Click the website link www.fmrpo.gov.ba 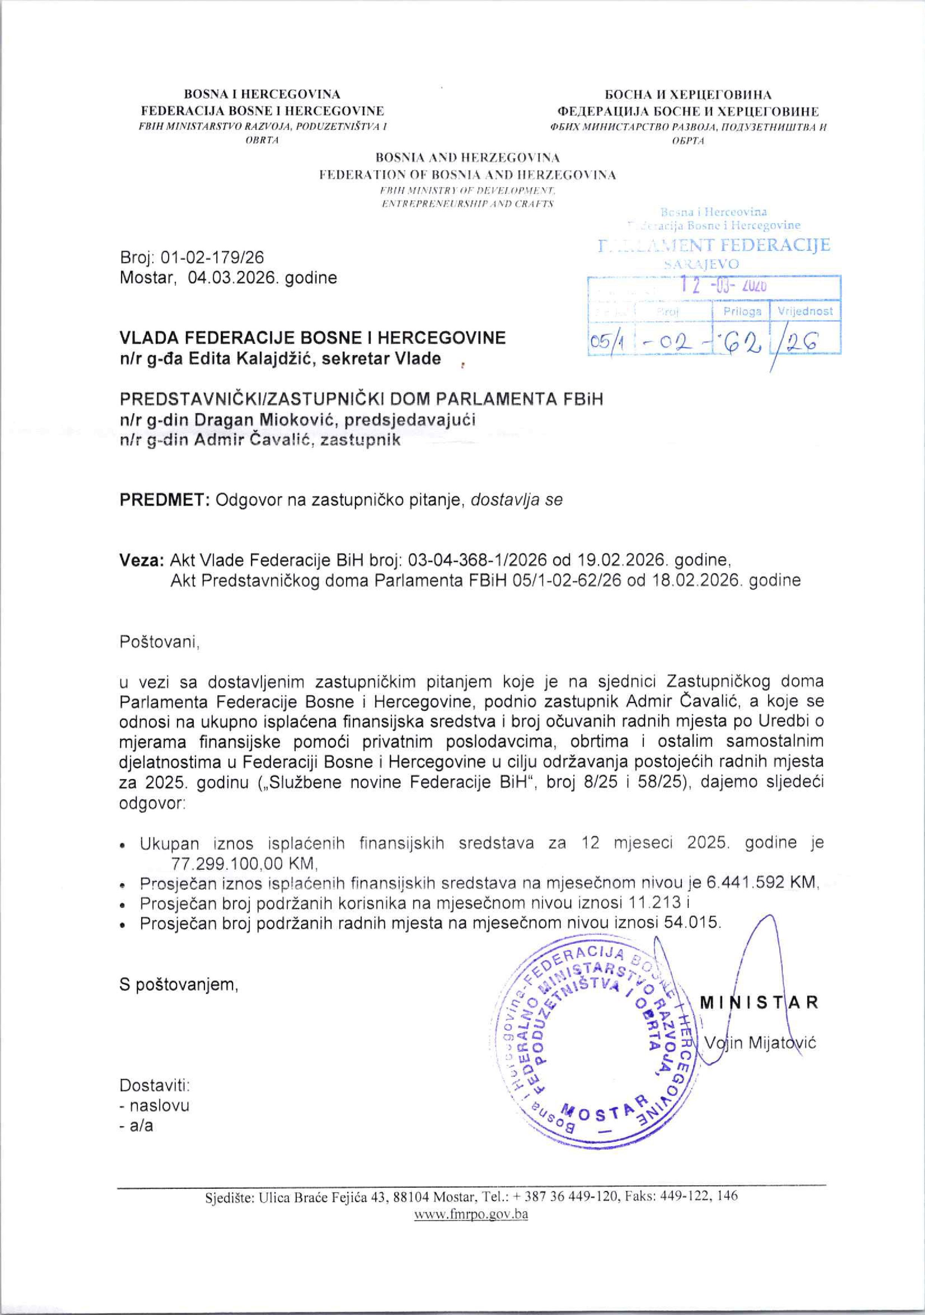click(471, 1214)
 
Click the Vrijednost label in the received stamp click(805, 311)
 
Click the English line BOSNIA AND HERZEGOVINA click(468, 157)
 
